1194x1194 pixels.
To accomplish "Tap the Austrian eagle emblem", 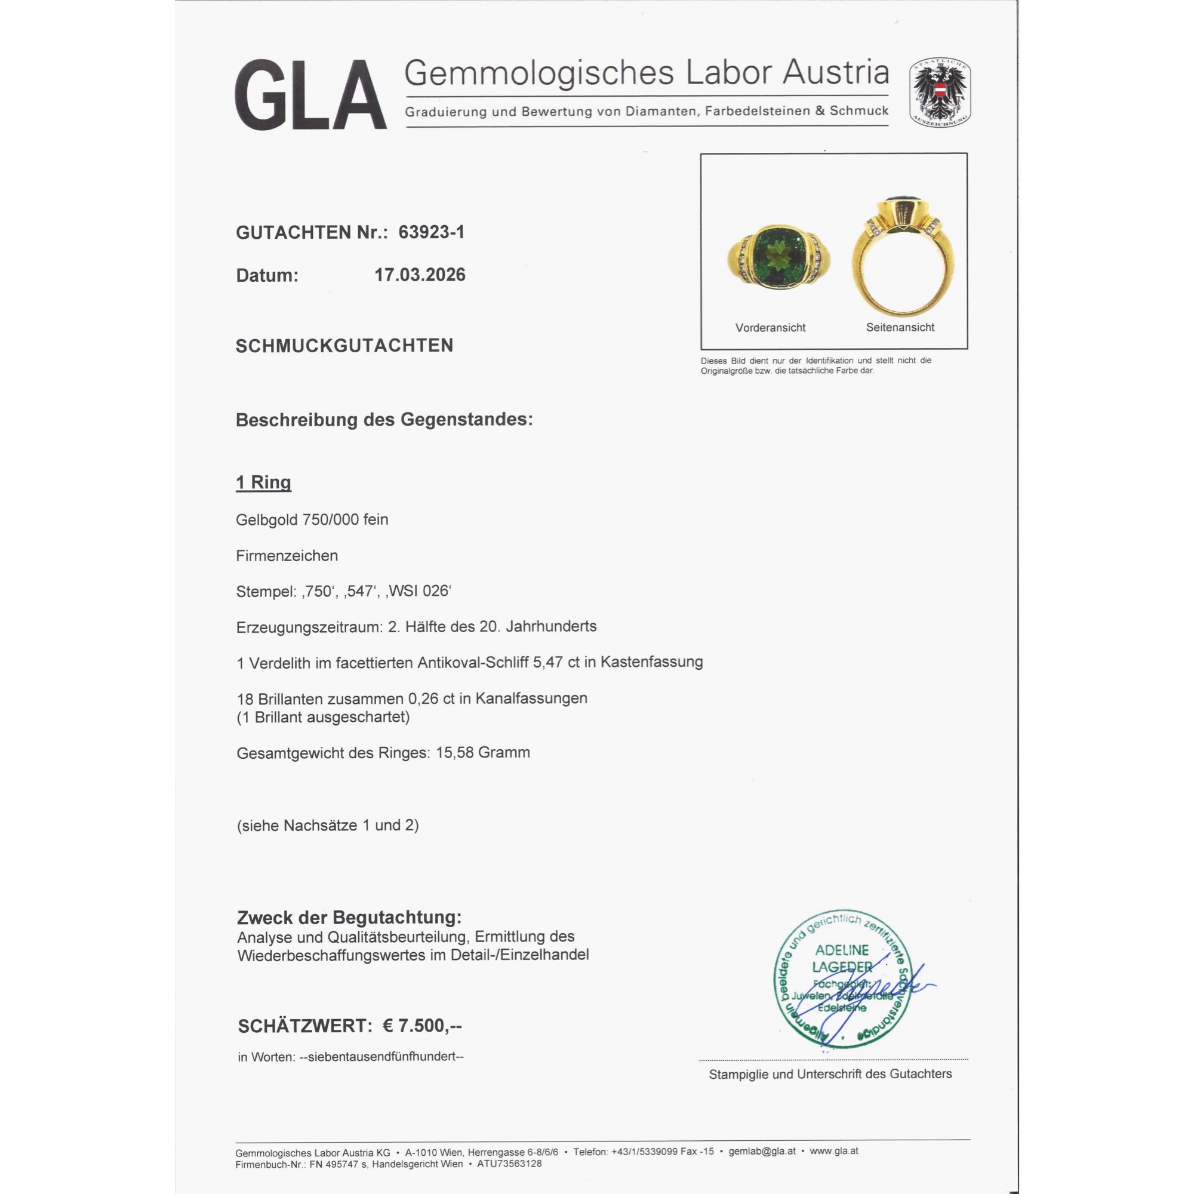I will [x=939, y=93].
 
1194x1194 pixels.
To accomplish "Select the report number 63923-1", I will [x=432, y=232].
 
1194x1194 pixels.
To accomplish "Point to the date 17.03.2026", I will [x=420, y=275].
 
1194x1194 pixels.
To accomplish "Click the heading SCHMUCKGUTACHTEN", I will [x=344, y=346].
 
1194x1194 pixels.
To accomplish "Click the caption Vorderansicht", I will [x=770, y=328].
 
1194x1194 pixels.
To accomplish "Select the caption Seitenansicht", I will [x=900, y=328].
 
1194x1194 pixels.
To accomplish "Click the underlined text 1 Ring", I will [x=263, y=482].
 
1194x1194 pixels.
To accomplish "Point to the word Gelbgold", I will [x=266, y=520].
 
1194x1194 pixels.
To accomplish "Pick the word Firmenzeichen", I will [x=287, y=556].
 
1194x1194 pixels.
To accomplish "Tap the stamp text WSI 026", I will [x=418, y=592].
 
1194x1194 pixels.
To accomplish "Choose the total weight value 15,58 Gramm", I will [x=482, y=753].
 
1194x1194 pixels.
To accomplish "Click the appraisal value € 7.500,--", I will [x=422, y=1026].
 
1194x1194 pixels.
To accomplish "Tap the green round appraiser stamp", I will [x=842, y=979].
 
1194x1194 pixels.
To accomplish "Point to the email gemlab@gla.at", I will [x=762, y=1152].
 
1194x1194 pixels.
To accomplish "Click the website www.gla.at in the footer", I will [x=833, y=1152].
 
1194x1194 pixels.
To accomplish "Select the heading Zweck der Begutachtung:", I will [x=349, y=918].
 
